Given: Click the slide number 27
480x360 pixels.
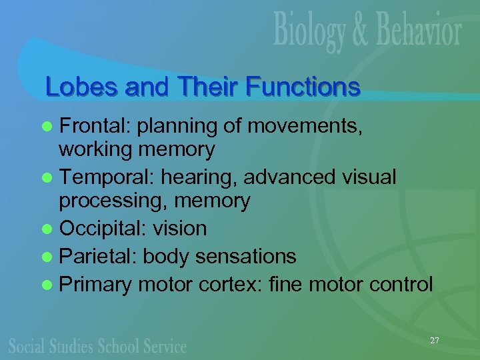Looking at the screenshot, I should (x=435, y=341).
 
